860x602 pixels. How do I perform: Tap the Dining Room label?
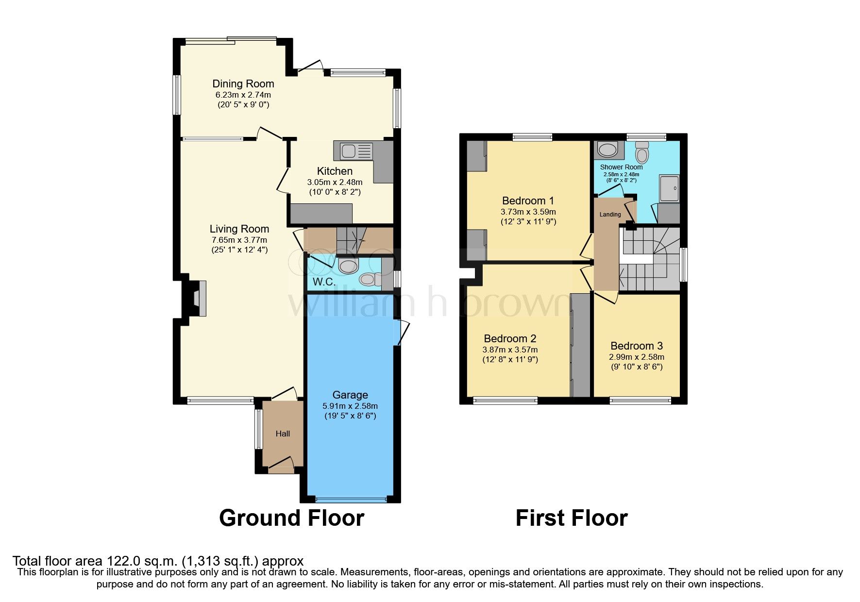pyautogui.click(x=243, y=84)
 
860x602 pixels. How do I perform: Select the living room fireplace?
pyautogui.click(x=198, y=298)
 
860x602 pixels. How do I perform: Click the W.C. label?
pyautogui.click(x=324, y=282)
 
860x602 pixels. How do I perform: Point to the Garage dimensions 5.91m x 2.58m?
pyautogui.click(x=350, y=406)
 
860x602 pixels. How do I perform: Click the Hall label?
pyautogui.click(x=283, y=434)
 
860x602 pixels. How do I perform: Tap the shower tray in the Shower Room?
pyautogui.click(x=669, y=188)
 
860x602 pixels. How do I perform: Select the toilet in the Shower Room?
pyautogui.click(x=642, y=152)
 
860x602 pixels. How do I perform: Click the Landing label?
pyautogui.click(x=610, y=214)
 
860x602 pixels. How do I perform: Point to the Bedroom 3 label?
pyautogui.click(x=636, y=346)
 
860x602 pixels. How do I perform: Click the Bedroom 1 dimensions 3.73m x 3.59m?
pyautogui.click(x=528, y=212)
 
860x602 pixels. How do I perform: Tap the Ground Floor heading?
pyautogui.click(x=291, y=518)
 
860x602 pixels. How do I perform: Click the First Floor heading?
pyautogui.click(x=571, y=518)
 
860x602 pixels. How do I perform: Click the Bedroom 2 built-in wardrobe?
pyautogui.click(x=580, y=345)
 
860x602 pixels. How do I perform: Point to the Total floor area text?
pyautogui.click(x=158, y=561)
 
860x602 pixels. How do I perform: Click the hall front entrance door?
pyautogui.click(x=282, y=465)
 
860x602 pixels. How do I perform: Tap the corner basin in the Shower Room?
pyautogui.click(x=607, y=150)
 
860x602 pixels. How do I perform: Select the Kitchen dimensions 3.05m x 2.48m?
pyautogui.click(x=335, y=182)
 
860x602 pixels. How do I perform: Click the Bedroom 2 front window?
pyautogui.click(x=505, y=401)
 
